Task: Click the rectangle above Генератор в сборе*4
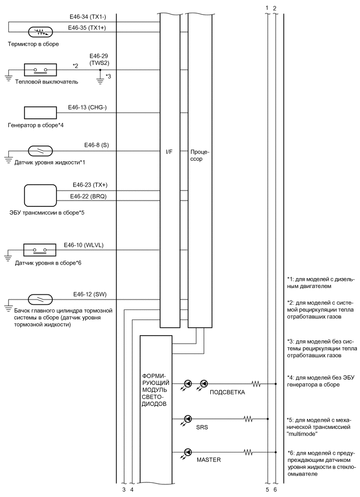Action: (x=40, y=113)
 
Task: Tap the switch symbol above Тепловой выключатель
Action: (x=40, y=70)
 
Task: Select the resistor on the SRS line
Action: (x=249, y=419)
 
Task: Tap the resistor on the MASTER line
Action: (x=249, y=452)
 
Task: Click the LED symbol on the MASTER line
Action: (x=187, y=452)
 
